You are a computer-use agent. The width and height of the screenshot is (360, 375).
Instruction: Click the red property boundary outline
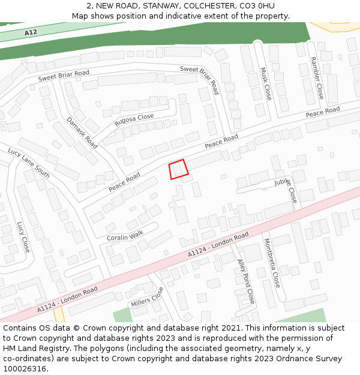(179, 169)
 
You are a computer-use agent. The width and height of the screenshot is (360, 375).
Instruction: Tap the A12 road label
(32, 32)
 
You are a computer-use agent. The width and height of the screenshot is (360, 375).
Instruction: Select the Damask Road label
(82, 133)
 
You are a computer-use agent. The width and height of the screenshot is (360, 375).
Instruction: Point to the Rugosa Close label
(134, 120)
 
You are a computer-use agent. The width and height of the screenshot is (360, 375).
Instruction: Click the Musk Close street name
(266, 83)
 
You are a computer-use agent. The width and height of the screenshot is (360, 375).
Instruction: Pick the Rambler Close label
(316, 78)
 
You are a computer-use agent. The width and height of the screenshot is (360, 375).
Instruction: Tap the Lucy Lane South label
(29, 163)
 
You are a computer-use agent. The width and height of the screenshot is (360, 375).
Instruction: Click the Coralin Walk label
(125, 236)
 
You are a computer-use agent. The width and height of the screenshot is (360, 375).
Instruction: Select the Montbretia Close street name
(272, 263)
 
